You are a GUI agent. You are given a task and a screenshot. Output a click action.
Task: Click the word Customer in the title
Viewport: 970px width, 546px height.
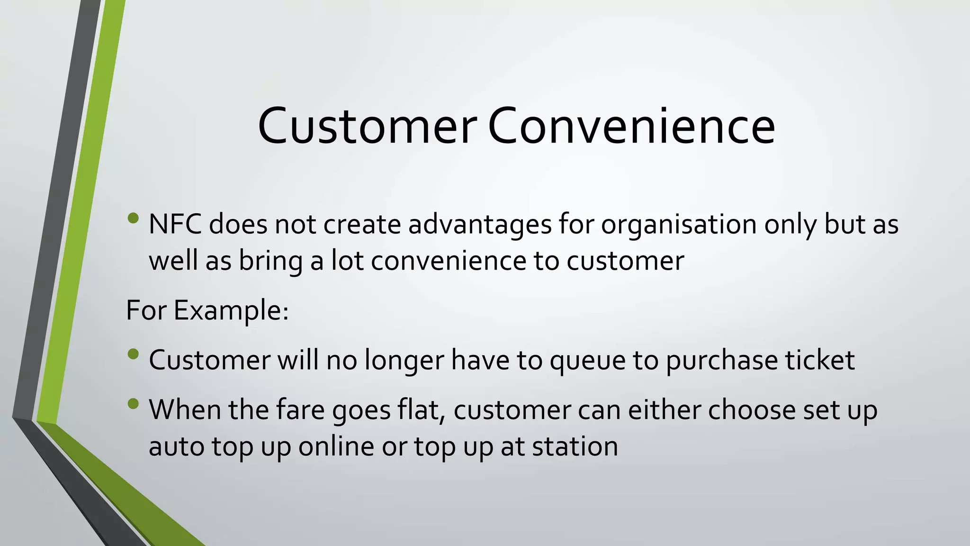point(367,126)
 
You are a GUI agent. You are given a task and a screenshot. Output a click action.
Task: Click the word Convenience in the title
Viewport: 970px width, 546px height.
point(631,126)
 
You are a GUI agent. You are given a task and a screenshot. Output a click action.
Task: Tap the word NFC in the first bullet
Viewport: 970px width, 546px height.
point(175,224)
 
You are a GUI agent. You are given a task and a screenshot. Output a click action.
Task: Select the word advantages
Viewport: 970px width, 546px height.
point(480,224)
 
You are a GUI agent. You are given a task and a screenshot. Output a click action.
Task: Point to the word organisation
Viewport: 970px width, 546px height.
point(679,224)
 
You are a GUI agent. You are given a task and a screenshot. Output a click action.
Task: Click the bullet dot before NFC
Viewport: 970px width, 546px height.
point(134,218)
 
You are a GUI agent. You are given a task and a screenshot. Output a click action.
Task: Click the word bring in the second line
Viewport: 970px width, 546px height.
point(270,261)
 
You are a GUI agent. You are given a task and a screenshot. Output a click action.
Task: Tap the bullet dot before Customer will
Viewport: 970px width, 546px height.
point(134,354)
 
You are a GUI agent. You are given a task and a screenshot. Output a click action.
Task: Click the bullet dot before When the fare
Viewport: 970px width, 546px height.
point(134,404)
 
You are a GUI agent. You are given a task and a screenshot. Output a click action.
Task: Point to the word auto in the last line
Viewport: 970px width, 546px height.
point(176,446)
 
